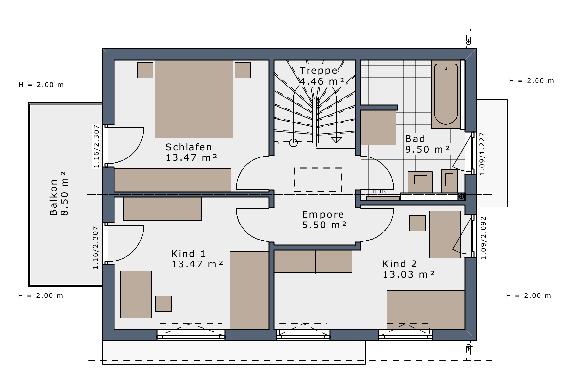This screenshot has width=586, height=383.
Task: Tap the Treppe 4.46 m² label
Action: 322,76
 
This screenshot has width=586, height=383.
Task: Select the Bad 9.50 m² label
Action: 428,144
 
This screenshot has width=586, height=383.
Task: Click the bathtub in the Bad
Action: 446,94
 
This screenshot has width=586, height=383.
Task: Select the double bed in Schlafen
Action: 194,99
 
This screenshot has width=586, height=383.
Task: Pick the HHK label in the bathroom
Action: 379,191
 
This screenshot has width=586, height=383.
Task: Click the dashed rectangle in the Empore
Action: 318,180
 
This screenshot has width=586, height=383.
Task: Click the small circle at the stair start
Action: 293,143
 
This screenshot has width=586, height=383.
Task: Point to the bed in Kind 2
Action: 426,310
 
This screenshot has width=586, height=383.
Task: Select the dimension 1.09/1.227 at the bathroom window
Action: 482,154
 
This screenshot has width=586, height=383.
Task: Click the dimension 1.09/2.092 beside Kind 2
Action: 484,238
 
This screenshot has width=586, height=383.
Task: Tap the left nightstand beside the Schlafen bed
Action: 145,70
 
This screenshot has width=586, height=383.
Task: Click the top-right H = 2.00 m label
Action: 532,81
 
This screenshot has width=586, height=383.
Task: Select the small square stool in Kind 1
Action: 163,304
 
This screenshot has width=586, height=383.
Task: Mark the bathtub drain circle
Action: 446,69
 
